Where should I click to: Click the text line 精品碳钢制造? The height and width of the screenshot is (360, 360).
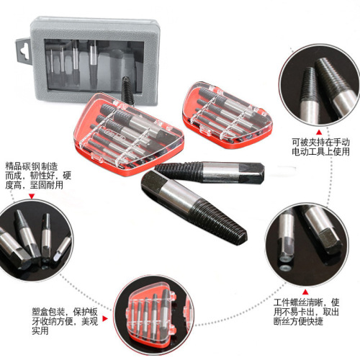coord(34,164)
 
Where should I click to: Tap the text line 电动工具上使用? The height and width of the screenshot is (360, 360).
coord(318,153)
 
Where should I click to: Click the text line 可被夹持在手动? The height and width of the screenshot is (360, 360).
coord(318,143)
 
